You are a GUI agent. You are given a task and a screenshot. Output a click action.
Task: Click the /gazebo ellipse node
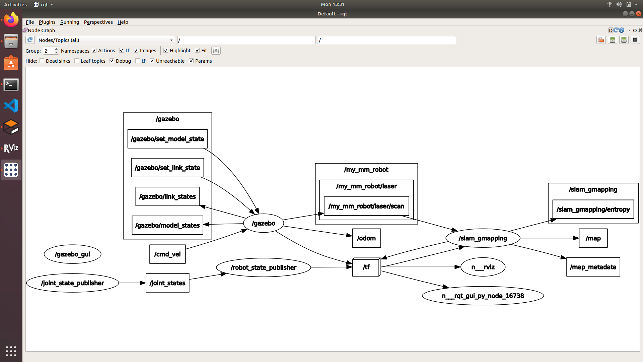[263, 223]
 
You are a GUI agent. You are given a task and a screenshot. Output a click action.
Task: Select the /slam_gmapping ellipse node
[483, 238]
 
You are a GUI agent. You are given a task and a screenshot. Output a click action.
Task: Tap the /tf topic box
[366, 267]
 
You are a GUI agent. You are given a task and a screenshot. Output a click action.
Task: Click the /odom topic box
[366, 238]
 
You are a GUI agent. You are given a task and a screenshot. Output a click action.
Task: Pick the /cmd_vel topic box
[167, 254]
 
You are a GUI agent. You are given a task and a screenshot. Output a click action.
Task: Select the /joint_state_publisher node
[72, 283]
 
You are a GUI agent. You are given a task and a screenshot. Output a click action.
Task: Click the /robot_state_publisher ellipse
[263, 267]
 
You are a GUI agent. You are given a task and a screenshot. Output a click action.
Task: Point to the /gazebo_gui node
[72, 254]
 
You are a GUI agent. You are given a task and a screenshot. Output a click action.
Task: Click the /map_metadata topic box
[593, 267]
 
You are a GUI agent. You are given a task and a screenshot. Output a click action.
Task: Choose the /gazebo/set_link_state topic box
[167, 168]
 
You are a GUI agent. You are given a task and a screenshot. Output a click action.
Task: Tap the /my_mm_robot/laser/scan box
[366, 206]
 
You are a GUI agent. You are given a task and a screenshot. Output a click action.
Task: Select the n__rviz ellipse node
[483, 267]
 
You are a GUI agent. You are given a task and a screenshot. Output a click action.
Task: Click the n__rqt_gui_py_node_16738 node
[483, 296]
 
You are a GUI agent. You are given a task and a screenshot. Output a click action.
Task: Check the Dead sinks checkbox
[42, 61]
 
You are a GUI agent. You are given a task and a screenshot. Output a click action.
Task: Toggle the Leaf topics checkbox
[77, 61]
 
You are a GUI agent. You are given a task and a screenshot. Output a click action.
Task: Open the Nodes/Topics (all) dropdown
[105, 40]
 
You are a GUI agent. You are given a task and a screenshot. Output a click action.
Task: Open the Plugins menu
[47, 22]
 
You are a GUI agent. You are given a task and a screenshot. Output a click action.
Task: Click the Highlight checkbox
[166, 51]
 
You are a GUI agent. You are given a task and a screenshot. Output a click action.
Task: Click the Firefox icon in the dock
[11, 20]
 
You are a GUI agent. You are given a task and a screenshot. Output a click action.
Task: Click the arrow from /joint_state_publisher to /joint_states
[132, 283]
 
